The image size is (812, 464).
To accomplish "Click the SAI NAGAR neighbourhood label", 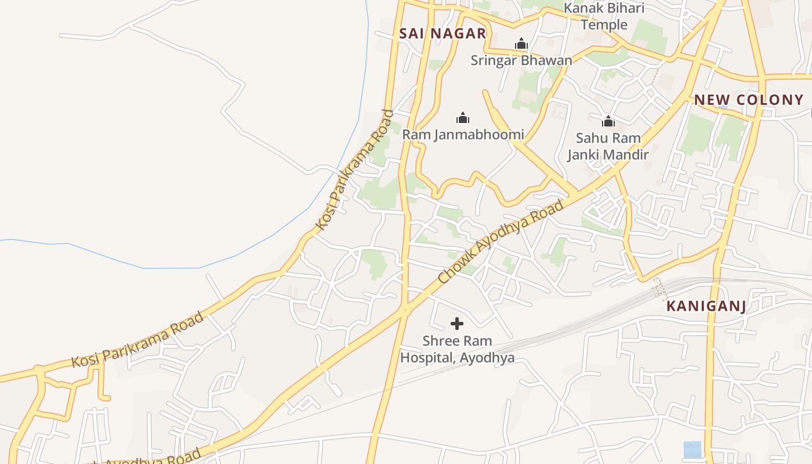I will pyautogui.click(x=442, y=34).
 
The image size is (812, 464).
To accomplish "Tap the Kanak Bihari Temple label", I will pyautogui.click(x=604, y=16).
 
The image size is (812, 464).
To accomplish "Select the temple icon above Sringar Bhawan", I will pyautogui.click(x=521, y=44).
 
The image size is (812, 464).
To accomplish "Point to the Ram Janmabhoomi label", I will pyautogui.click(x=463, y=135).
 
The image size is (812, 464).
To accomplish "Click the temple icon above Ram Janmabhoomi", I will pyautogui.click(x=463, y=118).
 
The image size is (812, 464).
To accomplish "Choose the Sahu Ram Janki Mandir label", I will pyautogui.click(x=608, y=146).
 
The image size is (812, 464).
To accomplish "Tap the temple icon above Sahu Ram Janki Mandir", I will pyautogui.click(x=608, y=121).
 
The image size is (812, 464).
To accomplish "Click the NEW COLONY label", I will pyautogui.click(x=749, y=100).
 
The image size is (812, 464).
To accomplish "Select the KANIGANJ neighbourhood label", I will pyautogui.click(x=706, y=306).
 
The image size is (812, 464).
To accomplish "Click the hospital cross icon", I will pyautogui.click(x=457, y=324).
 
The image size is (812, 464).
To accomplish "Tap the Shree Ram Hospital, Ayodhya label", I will pyautogui.click(x=457, y=349).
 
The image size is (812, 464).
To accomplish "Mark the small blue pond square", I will pyautogui.click(x=692, y=449).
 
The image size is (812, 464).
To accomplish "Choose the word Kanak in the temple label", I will pyautogui.click(x=582, y=9).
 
